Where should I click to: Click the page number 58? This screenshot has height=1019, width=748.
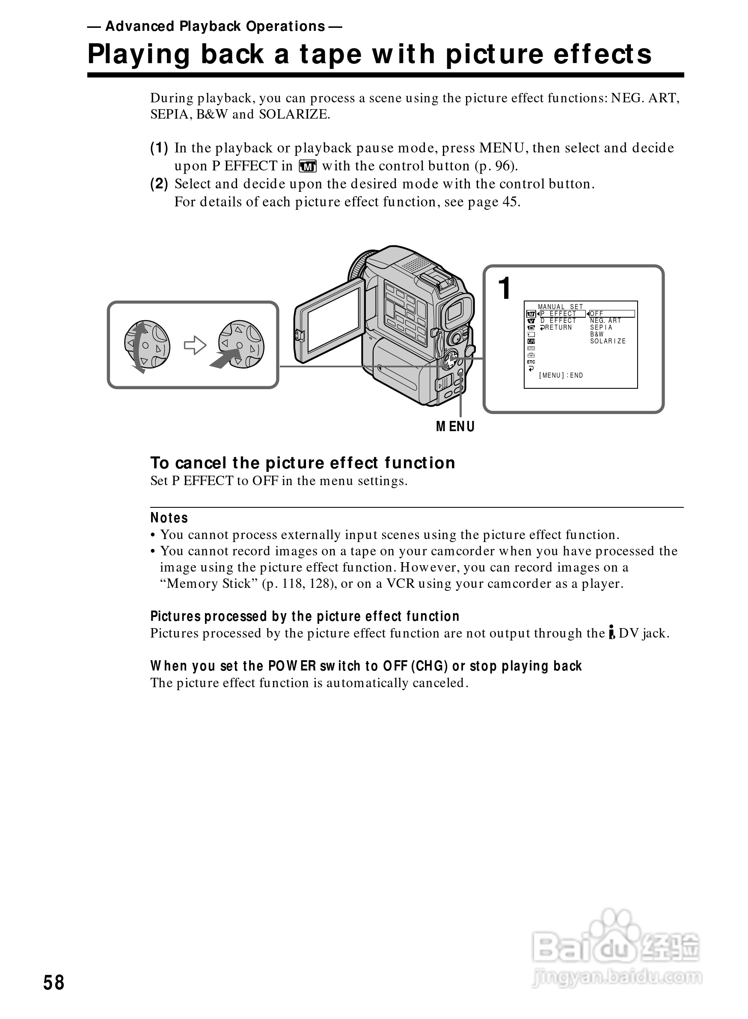54,982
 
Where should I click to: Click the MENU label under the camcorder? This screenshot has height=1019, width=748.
455,427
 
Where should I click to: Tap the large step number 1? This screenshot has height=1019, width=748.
505,289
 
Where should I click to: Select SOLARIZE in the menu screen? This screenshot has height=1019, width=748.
608,341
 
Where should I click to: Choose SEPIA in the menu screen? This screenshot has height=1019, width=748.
601,327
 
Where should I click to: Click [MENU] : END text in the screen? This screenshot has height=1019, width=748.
561,375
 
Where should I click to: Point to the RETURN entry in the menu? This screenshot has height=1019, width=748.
558,327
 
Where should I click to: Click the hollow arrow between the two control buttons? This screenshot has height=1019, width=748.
195,345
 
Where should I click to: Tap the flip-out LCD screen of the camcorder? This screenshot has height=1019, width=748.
333,320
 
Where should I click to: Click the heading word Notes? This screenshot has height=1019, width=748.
169,518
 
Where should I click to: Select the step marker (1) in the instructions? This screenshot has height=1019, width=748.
159,148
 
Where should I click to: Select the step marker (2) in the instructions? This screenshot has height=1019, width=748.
159,184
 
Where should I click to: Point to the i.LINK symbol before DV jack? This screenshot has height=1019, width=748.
612,632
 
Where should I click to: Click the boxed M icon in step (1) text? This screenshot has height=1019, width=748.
307,166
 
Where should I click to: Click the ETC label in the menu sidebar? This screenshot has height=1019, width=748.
531,362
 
